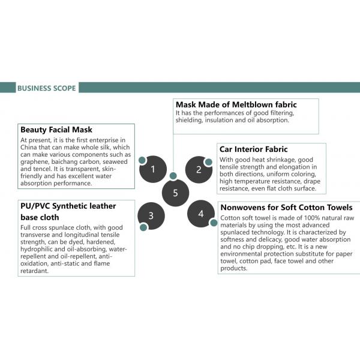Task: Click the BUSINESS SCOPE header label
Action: click(46, 88)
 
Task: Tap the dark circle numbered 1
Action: click(153, 169)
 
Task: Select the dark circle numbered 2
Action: click(199, 169)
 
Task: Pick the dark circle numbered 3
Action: click(151, 215)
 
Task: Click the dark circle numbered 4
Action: click(201, 214)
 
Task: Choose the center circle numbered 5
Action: click(175, 193)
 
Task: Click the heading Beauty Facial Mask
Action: click(56, 130)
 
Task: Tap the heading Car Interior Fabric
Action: click(254, 149)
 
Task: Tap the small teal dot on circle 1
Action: click(142, 161)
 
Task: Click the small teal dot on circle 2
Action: click(208, 162)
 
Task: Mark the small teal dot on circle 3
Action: click(143, 227)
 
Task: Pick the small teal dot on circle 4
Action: click(213, 222)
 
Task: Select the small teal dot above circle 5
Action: click(173, 176)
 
